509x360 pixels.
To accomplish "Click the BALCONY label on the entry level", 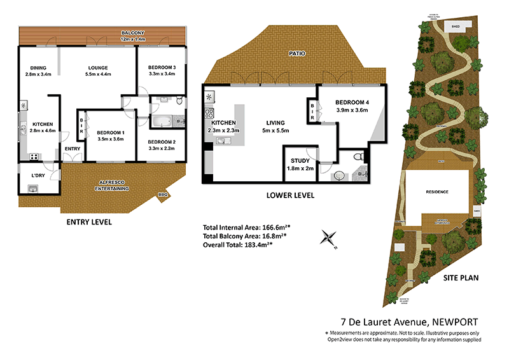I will click(134, 33).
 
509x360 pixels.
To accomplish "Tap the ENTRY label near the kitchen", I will click(73, 149).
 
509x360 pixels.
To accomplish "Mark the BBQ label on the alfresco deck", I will click(164, 195).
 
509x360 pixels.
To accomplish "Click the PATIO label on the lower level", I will click(296, 54).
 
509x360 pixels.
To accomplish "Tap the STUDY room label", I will click(300, 161).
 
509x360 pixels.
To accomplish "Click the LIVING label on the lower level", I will click(275, 123).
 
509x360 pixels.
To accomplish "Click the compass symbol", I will click(328, 238).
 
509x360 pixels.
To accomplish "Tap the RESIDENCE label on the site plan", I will click(437, 191).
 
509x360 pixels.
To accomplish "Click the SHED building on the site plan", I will click(455, 27).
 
